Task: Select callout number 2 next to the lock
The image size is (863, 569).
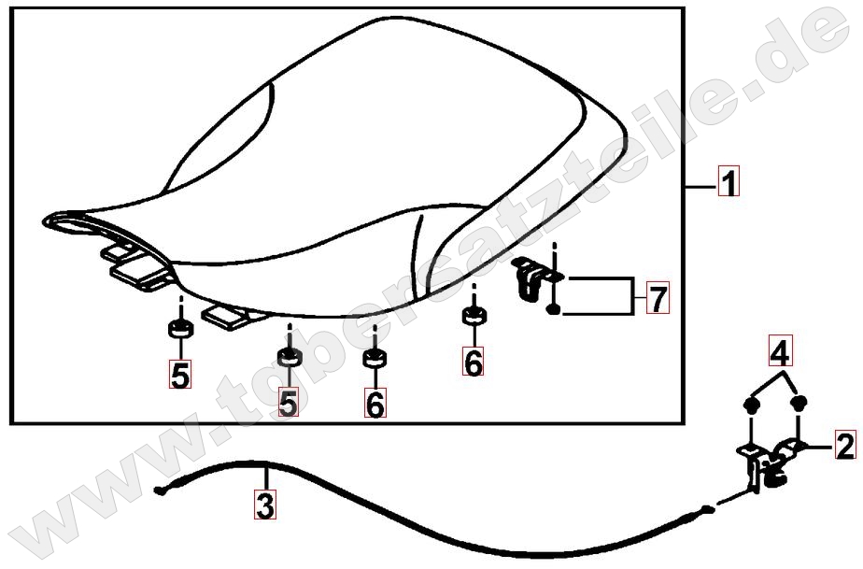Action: [846, 446]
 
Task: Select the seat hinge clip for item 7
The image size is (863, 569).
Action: [531, 278]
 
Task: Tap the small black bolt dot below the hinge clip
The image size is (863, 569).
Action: [554, 309]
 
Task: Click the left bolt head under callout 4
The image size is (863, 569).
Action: [749, 405]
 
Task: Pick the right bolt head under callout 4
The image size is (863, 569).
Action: [799, 404]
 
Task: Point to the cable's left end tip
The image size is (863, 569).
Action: [159, 491]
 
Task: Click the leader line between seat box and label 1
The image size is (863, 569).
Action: [700, 188]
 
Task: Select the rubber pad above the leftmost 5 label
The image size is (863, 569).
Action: [180, 328]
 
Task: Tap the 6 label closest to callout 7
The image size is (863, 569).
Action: [474, 362]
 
